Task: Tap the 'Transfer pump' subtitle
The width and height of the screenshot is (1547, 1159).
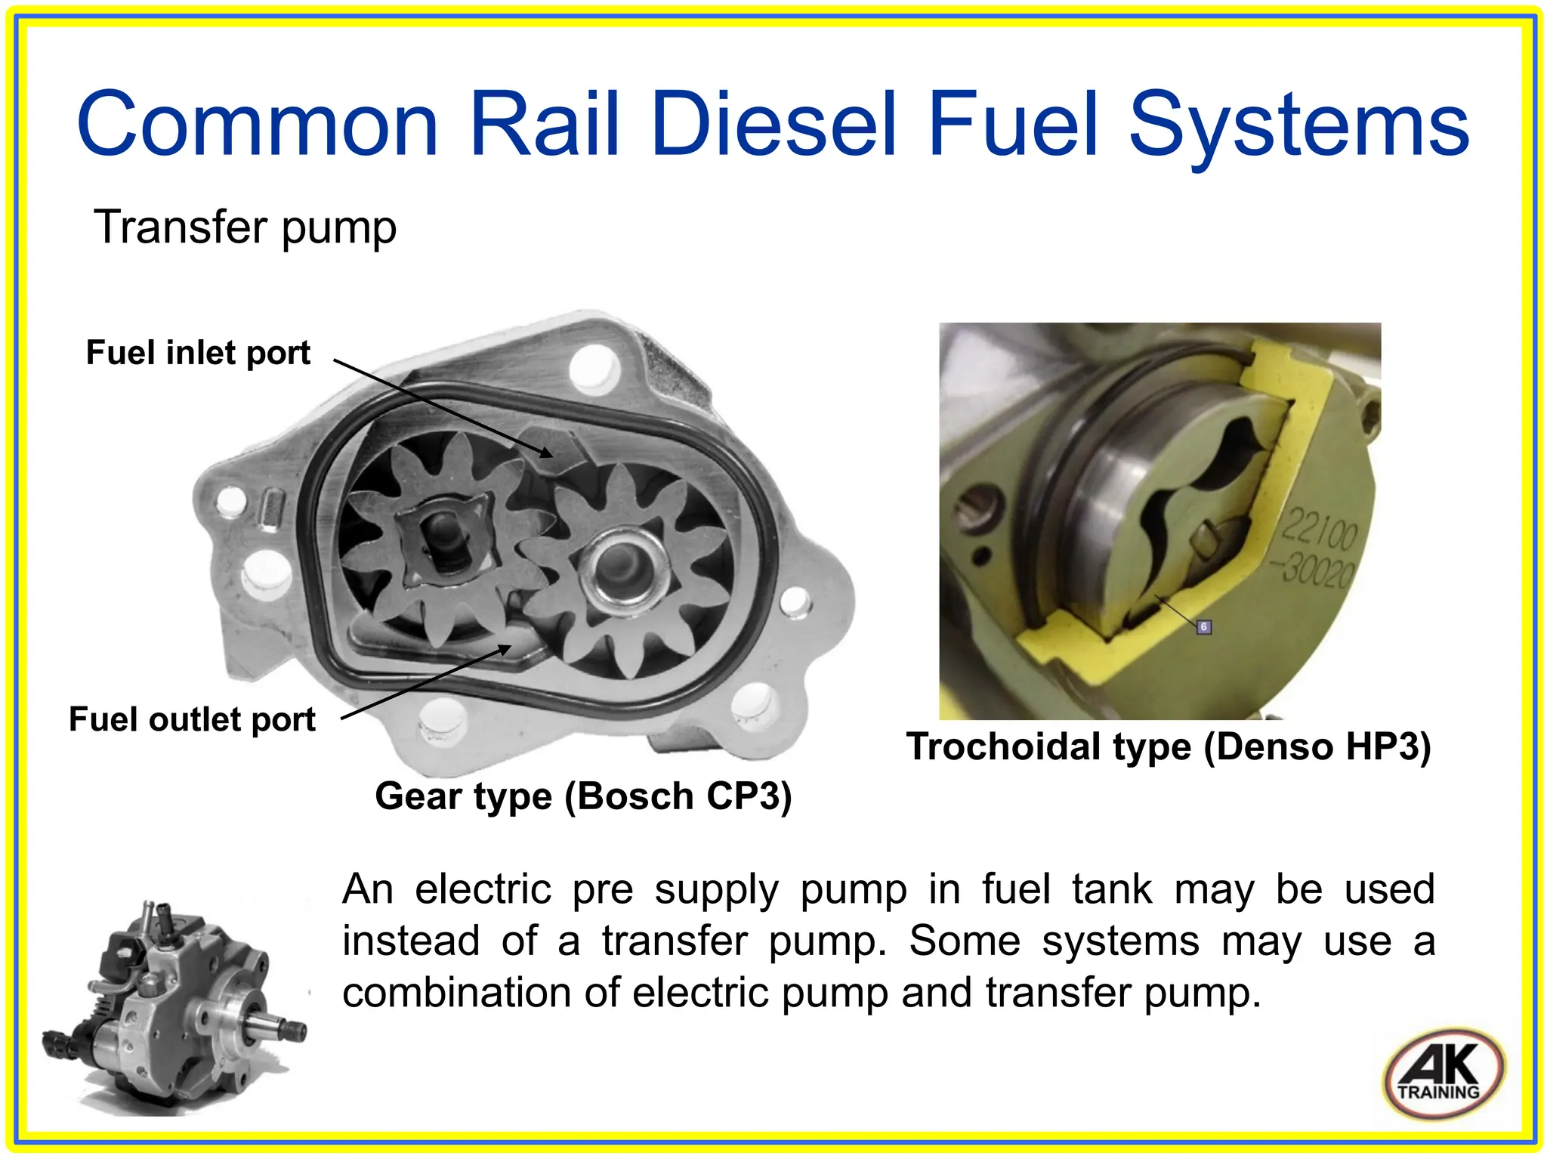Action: pyautogui.click(x=245, y=227)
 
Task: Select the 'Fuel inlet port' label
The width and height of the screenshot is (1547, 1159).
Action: pyautogui.click(x=198, y=353)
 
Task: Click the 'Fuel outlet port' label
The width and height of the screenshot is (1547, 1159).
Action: pyautogui.click(x=192, y=719)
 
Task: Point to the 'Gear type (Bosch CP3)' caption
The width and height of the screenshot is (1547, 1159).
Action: pyautogui.click(x=583, y=796)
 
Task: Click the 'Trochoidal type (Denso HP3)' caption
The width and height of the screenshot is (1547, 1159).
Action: pyautogui.click(x=1169, y=746)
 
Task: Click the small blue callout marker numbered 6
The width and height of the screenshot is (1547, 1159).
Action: pyautogui.click(x=1204, y=626)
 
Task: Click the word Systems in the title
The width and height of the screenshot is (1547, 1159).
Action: pyautogui.click(x=1298, y=125)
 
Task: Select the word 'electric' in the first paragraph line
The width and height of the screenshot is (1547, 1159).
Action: pyautogui.click(x=483, y=889)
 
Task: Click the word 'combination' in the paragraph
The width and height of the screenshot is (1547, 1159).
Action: pyautogui.click(x=456, y=993)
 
